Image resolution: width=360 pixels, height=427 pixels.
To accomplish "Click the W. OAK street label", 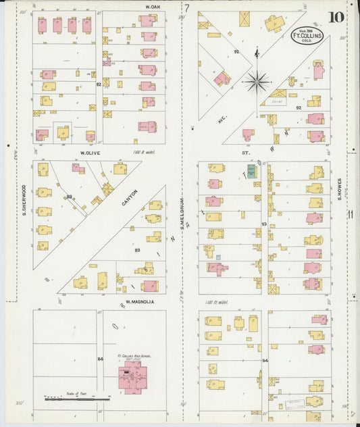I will [152, 6].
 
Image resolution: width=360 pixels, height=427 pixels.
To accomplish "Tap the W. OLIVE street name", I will [91, 153].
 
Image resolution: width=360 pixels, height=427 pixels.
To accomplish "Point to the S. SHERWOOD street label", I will [24, 201].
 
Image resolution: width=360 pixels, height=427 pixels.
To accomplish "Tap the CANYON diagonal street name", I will [129, 198].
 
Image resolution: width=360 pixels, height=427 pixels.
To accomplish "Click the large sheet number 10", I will [336, 17].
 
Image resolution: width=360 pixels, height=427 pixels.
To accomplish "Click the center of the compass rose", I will [257, 82].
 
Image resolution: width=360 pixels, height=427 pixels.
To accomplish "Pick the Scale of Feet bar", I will [76, 399].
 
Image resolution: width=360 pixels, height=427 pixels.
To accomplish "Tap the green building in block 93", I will [251, 171].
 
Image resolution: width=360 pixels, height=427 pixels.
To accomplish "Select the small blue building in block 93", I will [218, 257].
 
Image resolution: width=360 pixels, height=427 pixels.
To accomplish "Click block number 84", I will [101, 359].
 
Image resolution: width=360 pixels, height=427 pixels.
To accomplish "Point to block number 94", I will [265, 361].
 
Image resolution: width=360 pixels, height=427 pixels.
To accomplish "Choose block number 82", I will [99, 84].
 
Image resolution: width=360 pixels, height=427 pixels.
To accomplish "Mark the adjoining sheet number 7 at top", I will [187, 8].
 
